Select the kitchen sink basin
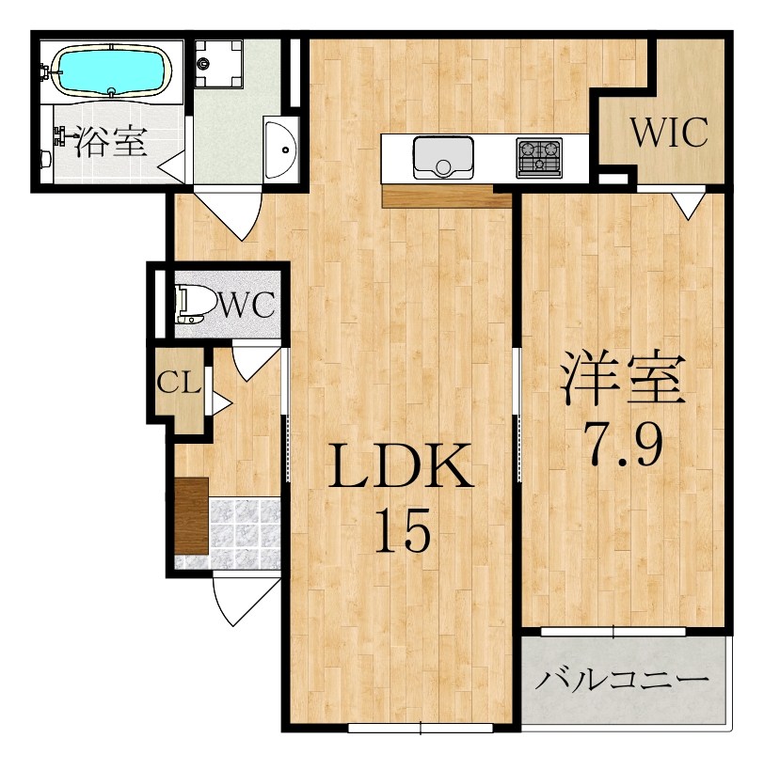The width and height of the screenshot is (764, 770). click(x=443, y=156)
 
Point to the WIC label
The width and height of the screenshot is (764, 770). click(x=668, y=134)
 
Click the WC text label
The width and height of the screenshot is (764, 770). click(x=247, y=305)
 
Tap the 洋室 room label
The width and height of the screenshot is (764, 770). click(x=621, y=378)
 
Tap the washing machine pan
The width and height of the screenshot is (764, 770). click(x=218, y=63)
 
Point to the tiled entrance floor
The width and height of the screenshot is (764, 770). click(x=245, y=536)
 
